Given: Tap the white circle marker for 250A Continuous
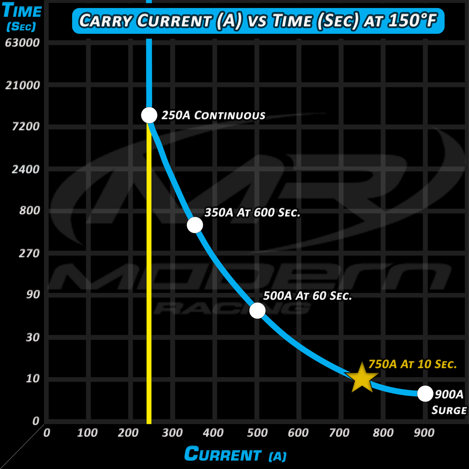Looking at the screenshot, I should click(x=149, y=115).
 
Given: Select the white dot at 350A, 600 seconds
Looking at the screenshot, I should click(x=195, y=225).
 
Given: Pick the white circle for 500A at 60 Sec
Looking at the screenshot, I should click(x=257, y=310).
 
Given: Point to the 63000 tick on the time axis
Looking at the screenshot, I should click(x=22, y=43).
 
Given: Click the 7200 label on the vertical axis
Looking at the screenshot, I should click(x=26, y=127).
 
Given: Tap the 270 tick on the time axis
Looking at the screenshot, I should click(x=29, y=253).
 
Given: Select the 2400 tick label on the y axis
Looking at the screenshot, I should click(x=26, y=169).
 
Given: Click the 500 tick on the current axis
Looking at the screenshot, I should click(x=257, y=433).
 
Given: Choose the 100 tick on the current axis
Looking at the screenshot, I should click(x=87, y=433).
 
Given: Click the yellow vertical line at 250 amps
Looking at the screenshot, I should click(x=149, y=292).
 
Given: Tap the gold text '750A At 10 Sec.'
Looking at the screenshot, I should click(x=413, y=364).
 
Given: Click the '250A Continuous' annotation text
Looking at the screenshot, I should click(x=213, y=115).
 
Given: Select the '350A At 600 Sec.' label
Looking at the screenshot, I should click(x=252, y=213).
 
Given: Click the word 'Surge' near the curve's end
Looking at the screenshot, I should click(x=449, y=410).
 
